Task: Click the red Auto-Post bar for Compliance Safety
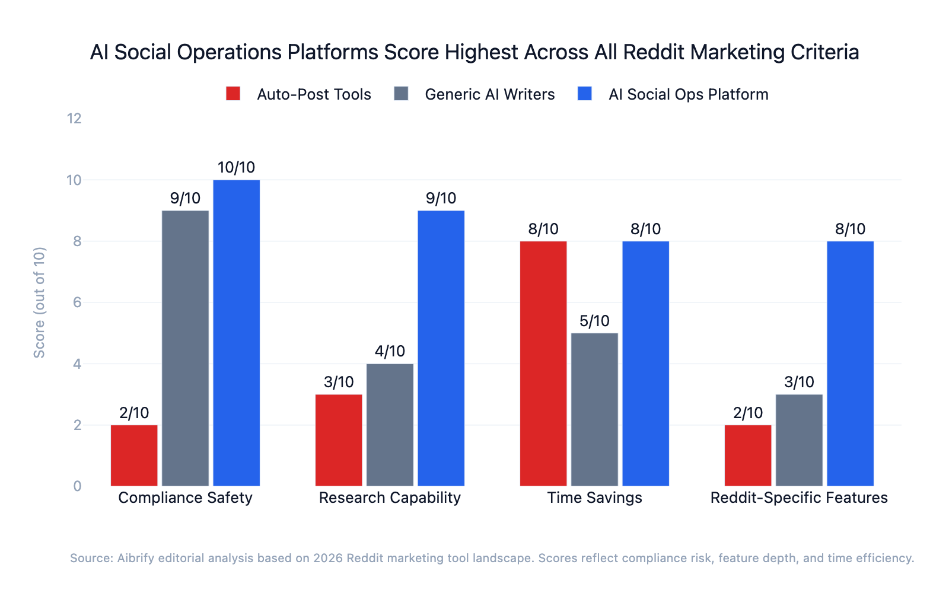point(134,455)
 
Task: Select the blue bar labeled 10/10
point(236,333)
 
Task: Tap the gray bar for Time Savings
point(594,409)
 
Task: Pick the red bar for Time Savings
point(543,364)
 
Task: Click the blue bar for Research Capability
point(441,348)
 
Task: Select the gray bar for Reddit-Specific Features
point(799,440)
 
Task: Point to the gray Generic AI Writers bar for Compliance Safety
point(185,348)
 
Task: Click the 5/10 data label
point(594,321)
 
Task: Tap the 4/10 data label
point(390,352)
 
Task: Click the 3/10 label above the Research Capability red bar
point(339,382)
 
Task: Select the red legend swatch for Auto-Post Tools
point(233,94)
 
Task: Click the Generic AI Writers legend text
point(489,94)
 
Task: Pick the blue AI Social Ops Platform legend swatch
point(585,94)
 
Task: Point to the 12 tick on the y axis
point(74,119)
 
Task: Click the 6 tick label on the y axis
point(77,302)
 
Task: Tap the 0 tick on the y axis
point(77,486)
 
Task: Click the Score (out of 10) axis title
point(39,302)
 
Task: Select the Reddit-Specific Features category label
point(799,498)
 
